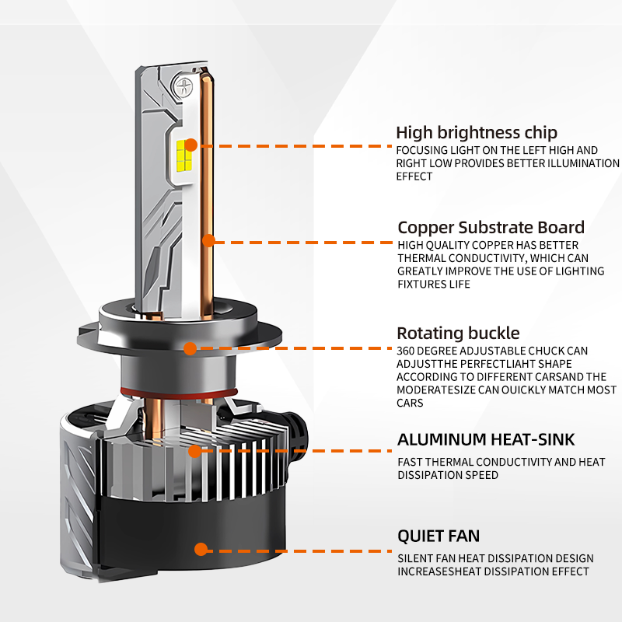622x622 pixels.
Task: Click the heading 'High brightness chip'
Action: coord(476,132)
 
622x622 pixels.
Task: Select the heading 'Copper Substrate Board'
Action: coord(491,228)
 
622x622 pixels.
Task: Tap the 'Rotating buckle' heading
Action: coord(458,334)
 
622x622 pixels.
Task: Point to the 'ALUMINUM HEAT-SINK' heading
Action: coord(486,439)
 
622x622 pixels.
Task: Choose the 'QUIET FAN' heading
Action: coord(438,536)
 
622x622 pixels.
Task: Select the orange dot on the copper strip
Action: coord(208,241)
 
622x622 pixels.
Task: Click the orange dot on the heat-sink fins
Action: coord(194,449)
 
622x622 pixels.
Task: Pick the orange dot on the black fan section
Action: coord(201,549)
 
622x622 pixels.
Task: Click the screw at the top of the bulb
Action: coord(186,88)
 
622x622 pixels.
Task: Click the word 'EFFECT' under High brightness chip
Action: coord(414,176)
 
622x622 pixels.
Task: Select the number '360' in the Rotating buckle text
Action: coord(407,351)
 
